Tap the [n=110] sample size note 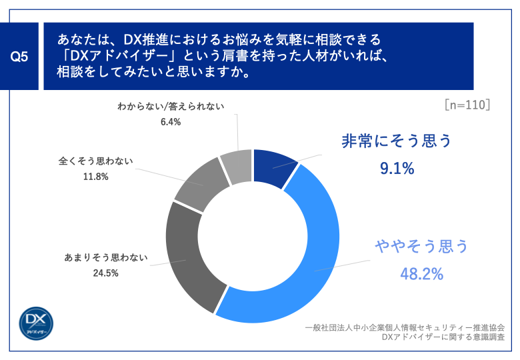click(467, 105)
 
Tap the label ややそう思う click(421, 247)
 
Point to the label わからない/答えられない click(171, 107)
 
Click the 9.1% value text click(397, 169)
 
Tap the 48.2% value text click(421, 274)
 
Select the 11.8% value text click(97, 177)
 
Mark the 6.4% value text click(171, 122)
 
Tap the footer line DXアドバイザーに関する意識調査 click(443, 338)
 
